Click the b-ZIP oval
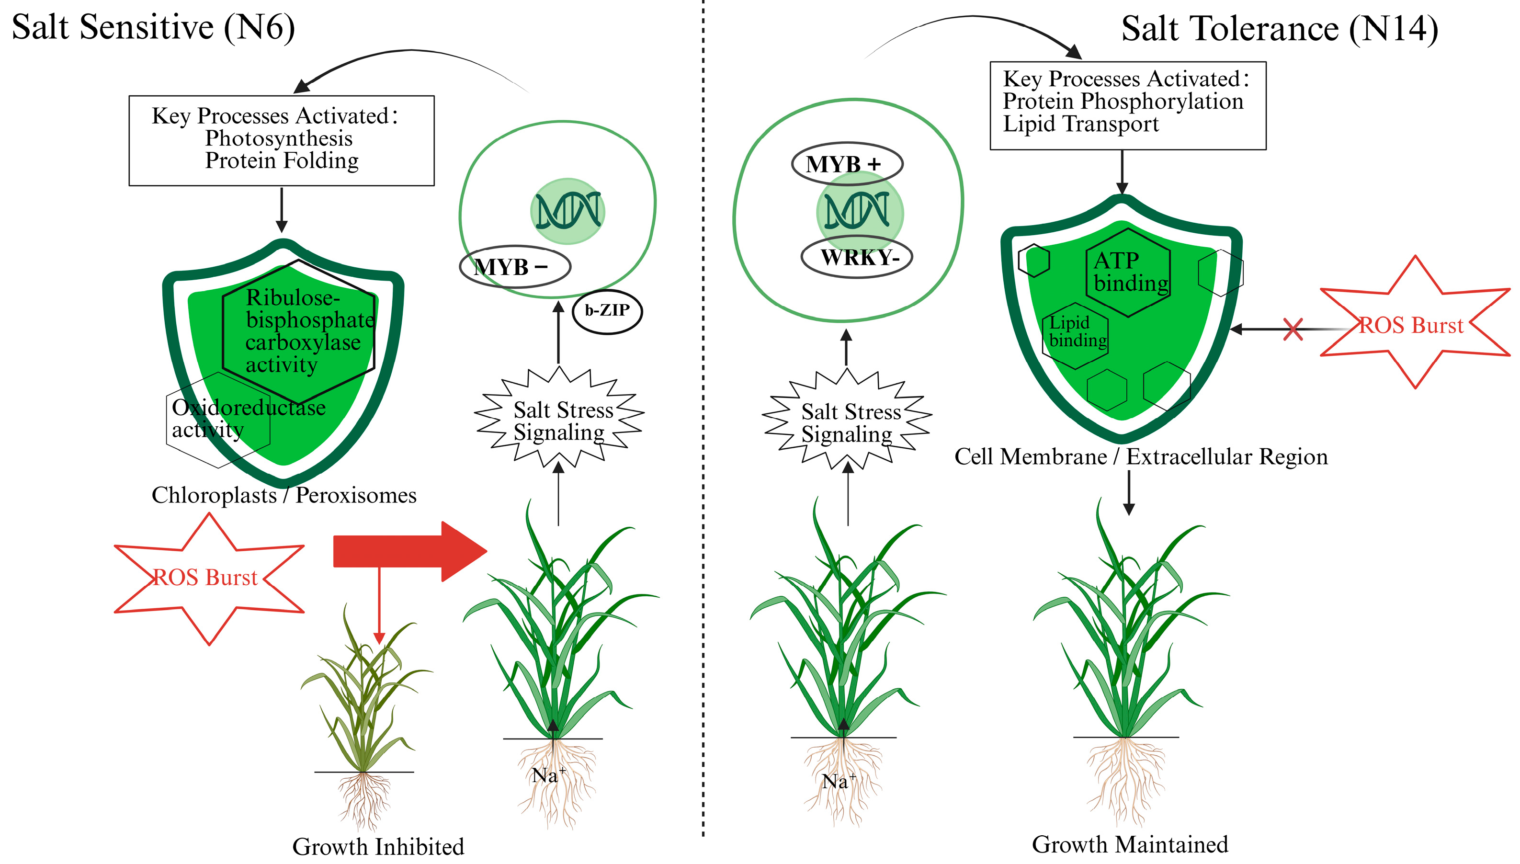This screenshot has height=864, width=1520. [607, 310]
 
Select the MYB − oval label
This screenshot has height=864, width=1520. [514, 267]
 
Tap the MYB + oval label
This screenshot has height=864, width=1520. [847, 164]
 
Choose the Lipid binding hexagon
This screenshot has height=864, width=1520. [1075, 332]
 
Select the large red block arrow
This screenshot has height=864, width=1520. [409, 551]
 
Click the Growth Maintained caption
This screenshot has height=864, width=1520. [1130, 844]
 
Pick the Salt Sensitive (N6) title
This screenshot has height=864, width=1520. [153, 27]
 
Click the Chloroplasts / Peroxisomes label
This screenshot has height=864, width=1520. [284, 495]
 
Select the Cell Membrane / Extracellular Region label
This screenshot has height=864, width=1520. [1140, 457]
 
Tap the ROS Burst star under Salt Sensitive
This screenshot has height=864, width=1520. [208, 578]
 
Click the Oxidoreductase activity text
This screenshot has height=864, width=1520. [248, 419]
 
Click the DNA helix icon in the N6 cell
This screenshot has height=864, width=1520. [568, 211]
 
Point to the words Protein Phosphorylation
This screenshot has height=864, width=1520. [1123, 102]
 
